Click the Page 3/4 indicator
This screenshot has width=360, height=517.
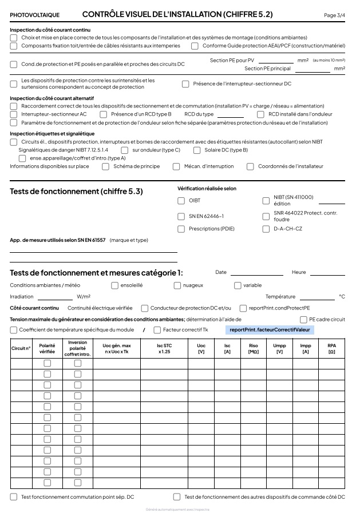[x=334, y=15]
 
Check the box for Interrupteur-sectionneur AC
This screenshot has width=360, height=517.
[x=14, y=114]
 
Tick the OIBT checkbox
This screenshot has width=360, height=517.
[x=181, y=201]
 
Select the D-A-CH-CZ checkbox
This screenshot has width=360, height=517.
[x=266, y=229]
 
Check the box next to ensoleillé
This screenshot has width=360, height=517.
[x=114, y=285]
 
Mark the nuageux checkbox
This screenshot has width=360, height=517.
[x=177, y=285]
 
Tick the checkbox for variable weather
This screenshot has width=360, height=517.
[x=238, y=285]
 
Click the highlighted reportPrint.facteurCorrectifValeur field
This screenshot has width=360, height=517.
[x=269, y=330]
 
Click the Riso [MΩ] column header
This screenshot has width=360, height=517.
[x=254, y=348]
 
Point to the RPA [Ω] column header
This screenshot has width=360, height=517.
[x=331, y=348]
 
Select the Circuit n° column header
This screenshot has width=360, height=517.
[x=21, y=348]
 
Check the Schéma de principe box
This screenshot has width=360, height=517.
[x=105, y=166]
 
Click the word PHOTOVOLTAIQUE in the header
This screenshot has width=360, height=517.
[x=34, y=14]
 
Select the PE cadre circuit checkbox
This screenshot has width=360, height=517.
[x=303, y=319]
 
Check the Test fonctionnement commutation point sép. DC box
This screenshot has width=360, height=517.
[x=14, y=497]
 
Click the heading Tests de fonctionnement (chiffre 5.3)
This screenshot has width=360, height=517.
[x=76, y=192]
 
